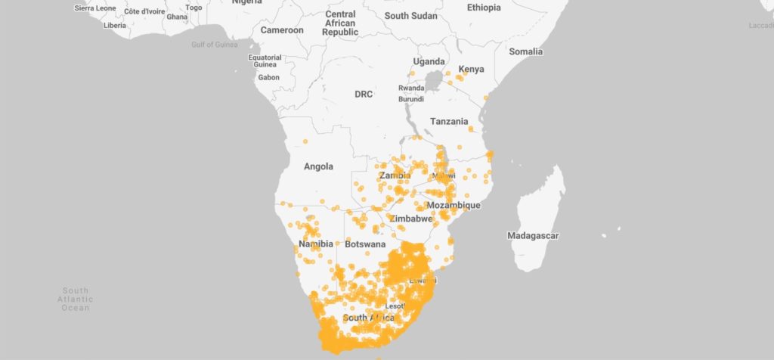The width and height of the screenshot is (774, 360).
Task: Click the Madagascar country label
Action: click(533, 236)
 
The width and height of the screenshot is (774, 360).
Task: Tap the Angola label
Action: click(318, 166)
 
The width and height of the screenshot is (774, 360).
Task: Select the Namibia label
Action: click(316, 245)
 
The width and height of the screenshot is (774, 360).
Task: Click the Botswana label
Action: click(365, 245)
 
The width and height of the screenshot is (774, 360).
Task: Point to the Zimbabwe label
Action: click(411, 219)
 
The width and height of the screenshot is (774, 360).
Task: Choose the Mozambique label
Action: click(454, 206)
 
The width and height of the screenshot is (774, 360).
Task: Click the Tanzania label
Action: click(449, 121)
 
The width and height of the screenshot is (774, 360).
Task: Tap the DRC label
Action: click(364, 95)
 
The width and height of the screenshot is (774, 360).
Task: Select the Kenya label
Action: click(471, 70)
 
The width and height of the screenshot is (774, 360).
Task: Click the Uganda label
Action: click(429, 61)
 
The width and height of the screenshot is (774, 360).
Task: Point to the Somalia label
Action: click(526, 51)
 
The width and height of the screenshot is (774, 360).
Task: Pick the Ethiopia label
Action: click(484, 8)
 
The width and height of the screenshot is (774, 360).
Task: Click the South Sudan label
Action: click(410, 15)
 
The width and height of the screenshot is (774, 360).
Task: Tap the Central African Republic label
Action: click(340, 23)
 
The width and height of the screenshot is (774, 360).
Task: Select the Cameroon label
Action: click(282, 30)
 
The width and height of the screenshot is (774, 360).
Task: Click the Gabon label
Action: click(268, 77)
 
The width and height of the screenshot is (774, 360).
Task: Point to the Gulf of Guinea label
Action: click(214, 45)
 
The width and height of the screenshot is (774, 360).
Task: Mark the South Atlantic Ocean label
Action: click(76, 299)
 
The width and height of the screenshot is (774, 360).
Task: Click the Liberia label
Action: click(115, 25)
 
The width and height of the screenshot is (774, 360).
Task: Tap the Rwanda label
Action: click(410, 88)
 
